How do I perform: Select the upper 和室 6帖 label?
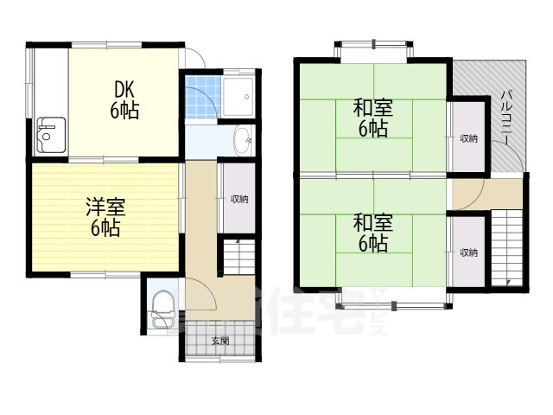[x=372, y=118]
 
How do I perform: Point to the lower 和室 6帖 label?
[x=372, y=233]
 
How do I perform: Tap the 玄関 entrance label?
[x=219, y=341]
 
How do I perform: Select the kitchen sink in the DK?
[x=48, y=134]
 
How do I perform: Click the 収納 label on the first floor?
[x=238, y=199]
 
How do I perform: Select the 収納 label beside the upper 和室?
[x=468, y=138]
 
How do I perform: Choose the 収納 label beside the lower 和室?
[x=468, y=252]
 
